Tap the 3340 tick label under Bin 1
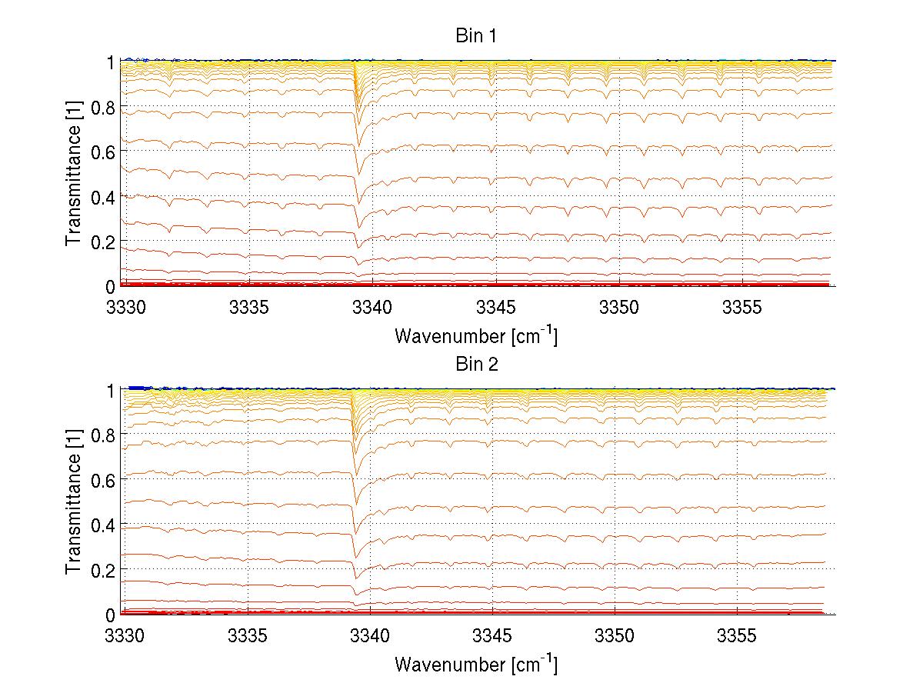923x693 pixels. [372, 307]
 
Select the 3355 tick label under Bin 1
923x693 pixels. [741, 307]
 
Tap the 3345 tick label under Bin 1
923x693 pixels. [495, 307]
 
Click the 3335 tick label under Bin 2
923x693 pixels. [249, 635]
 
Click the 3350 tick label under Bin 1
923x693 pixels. [618, 307]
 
